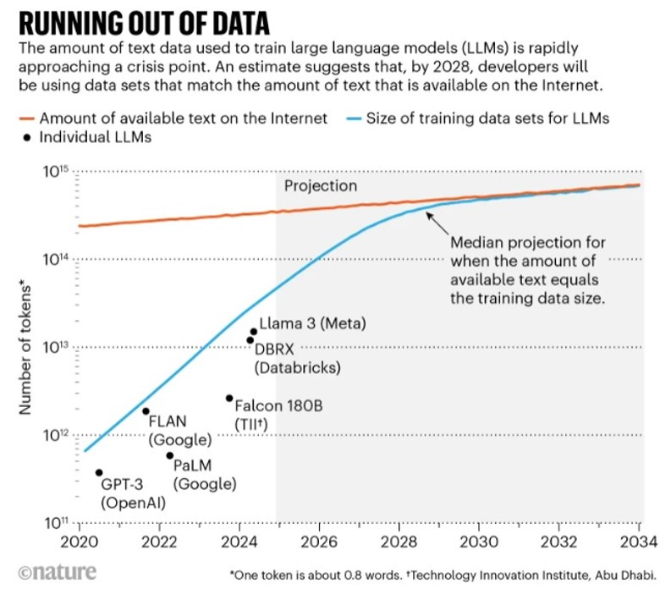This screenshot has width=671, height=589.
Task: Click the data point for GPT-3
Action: click(x=99, y=472)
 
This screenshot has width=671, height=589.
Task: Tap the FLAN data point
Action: click(x=146, y=411)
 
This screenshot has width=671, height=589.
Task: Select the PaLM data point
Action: click(x=169, y=455)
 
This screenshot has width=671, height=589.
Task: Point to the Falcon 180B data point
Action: click(x=229, y=398)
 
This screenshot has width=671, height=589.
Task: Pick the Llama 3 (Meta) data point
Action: click(x=253, y=332)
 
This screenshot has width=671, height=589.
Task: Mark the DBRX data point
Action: click(x=250, y=340)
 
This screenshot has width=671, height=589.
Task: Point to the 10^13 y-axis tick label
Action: click(x=55, y=347)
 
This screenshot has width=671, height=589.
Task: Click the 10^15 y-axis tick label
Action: click(x=55, y=172)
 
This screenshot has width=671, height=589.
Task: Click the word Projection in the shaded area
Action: click(x=321, y=186)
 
